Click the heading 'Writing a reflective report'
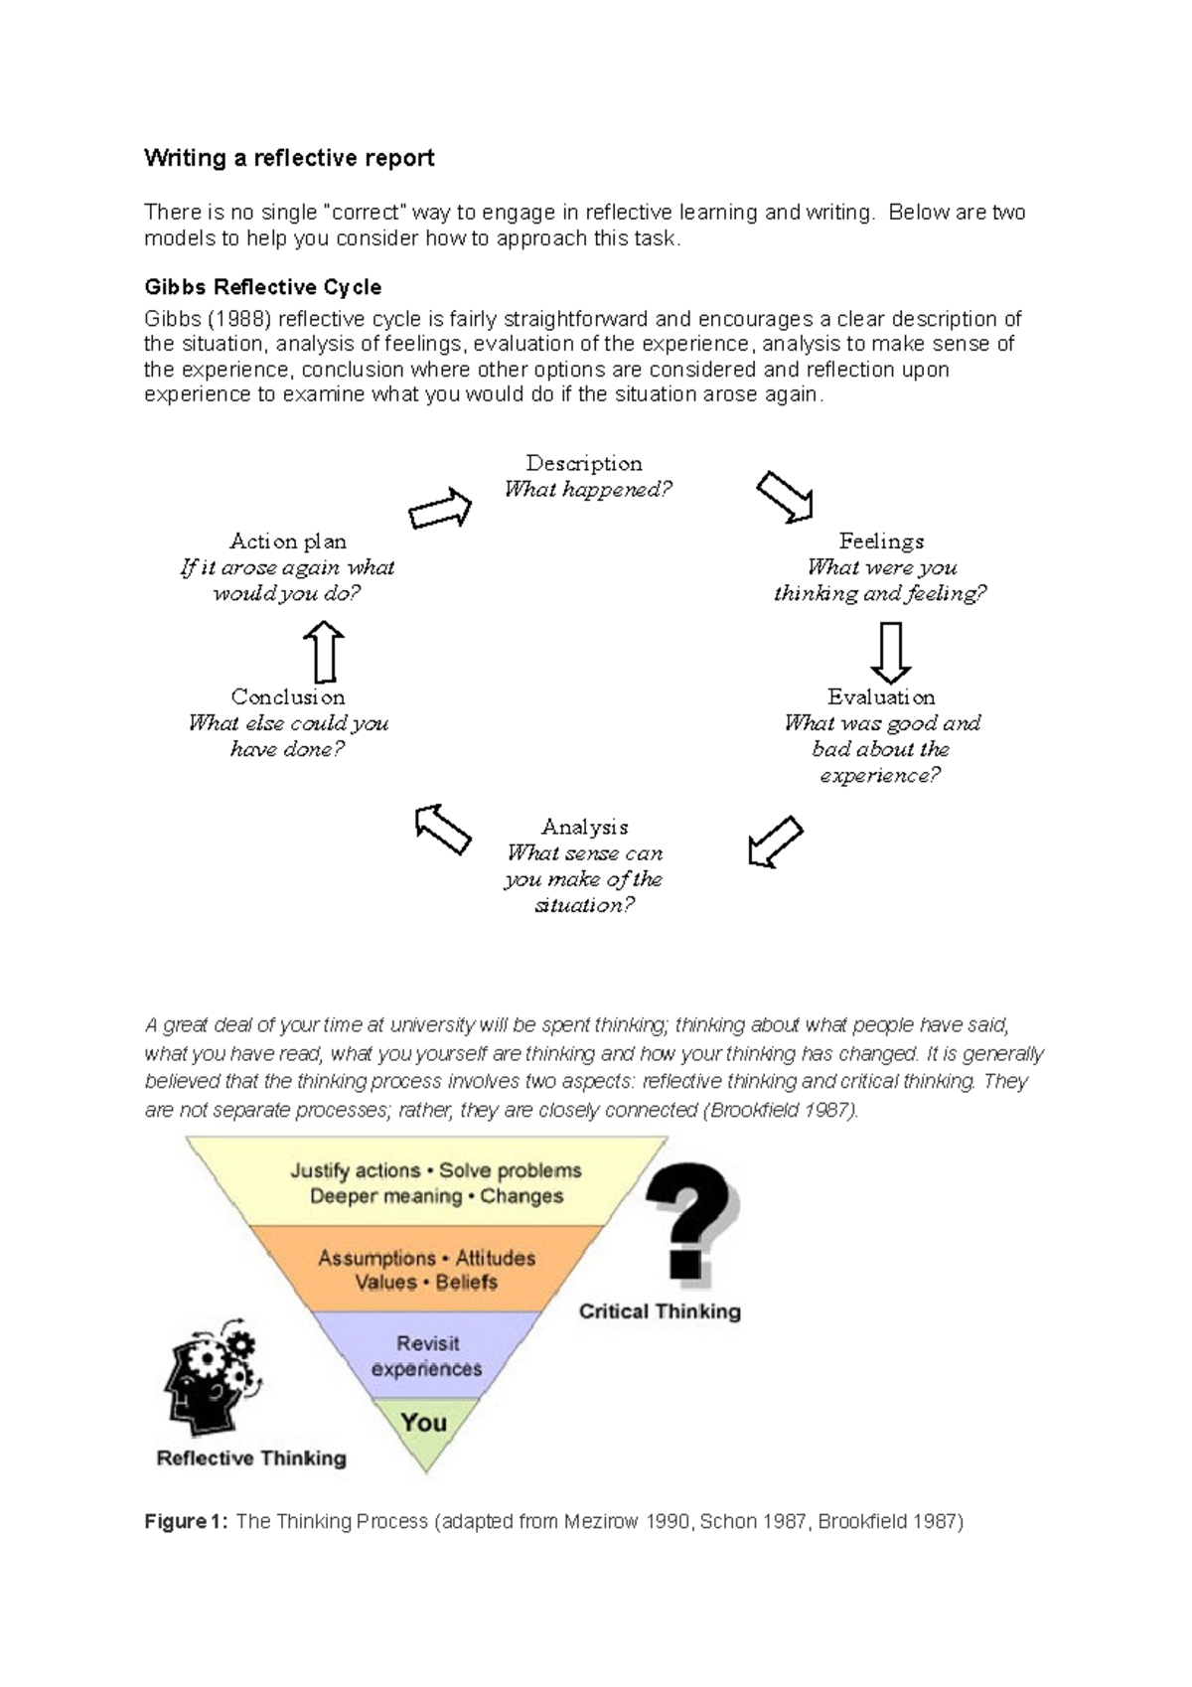pos(289,158)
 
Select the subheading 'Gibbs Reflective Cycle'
pos(262,287)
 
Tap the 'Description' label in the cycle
pos(583,463)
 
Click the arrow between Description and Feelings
pos(785,496)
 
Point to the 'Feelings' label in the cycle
pos(881,541)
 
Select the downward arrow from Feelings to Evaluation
pos(891,652)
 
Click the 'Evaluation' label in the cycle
pos(881,696)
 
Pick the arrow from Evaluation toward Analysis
pos(775,842)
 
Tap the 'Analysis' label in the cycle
pos(584,827)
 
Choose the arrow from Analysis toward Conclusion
pos(443,830)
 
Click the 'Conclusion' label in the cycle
pos(288,696)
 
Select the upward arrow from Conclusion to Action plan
pos(324,652)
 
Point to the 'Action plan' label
pos(288,541)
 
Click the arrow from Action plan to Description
pos(440,509)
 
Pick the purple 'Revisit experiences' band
pos(427,1355)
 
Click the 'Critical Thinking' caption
pos(660,1311)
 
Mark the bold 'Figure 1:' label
pos(186,1521)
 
